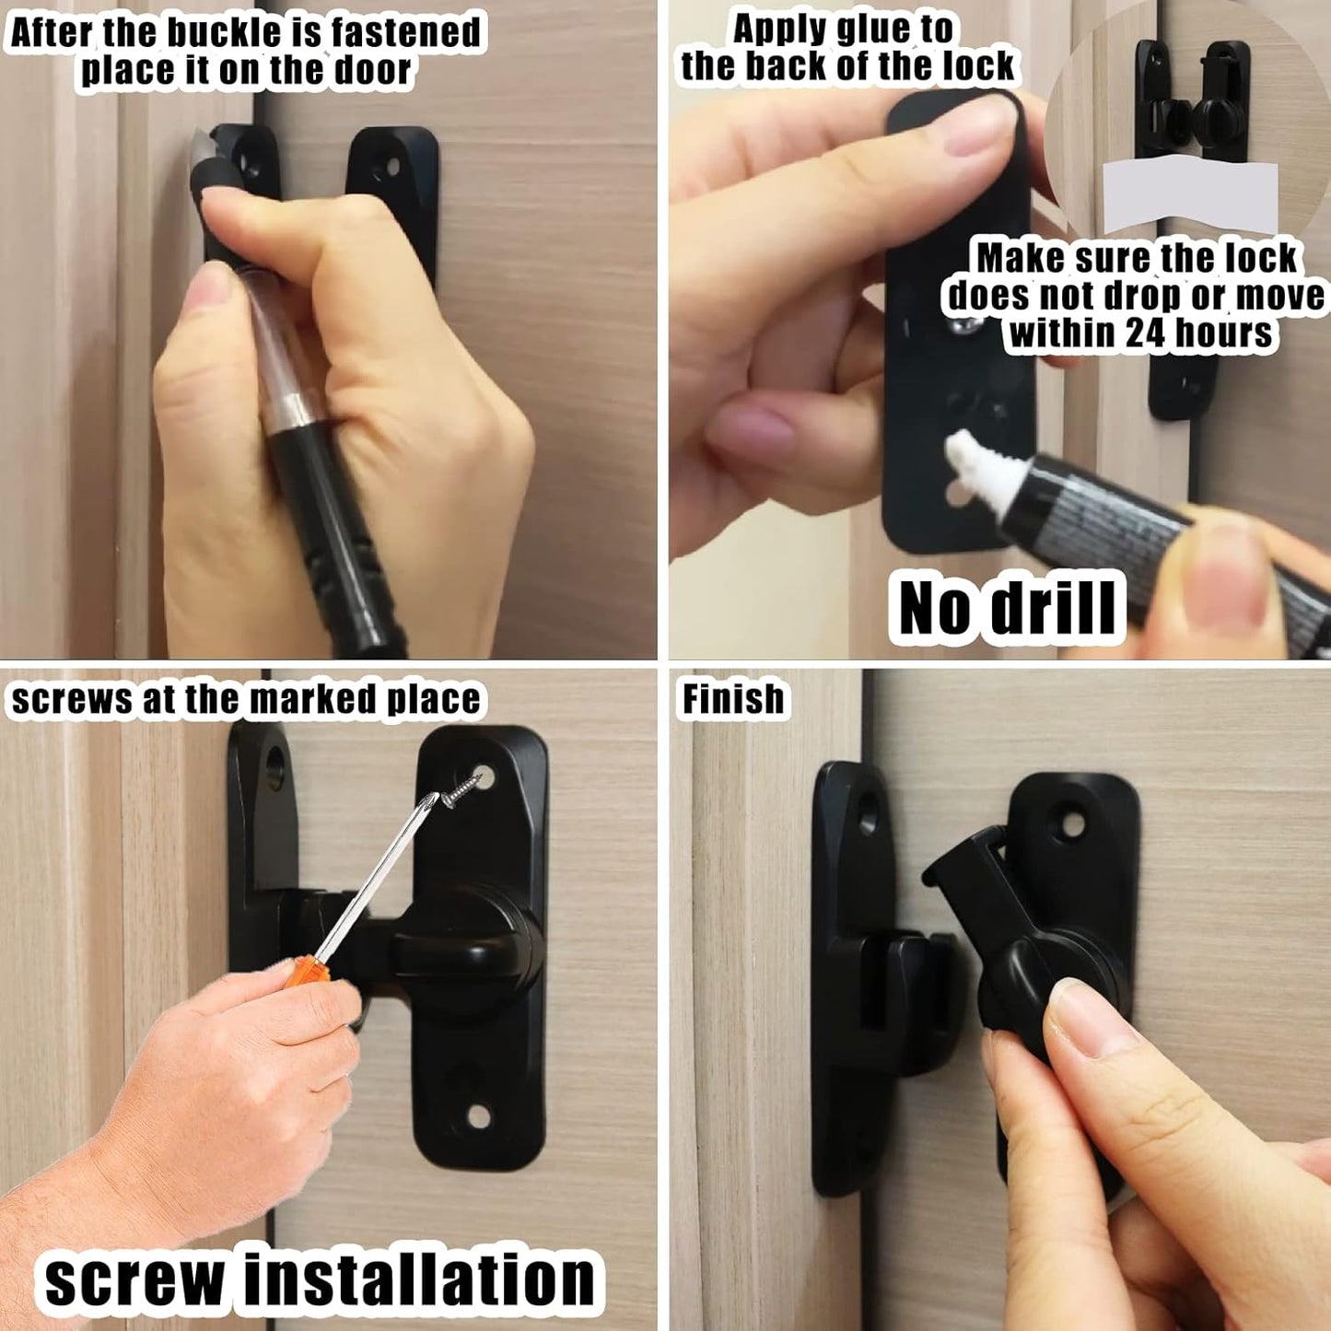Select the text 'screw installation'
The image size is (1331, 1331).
tap(320, 1280)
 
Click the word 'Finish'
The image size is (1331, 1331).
tap(733, 699)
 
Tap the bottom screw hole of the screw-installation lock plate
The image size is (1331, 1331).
tap(478, 1116)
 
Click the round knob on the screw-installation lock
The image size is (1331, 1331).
tap(469, 958)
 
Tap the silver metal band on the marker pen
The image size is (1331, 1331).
tap(294, 405)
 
